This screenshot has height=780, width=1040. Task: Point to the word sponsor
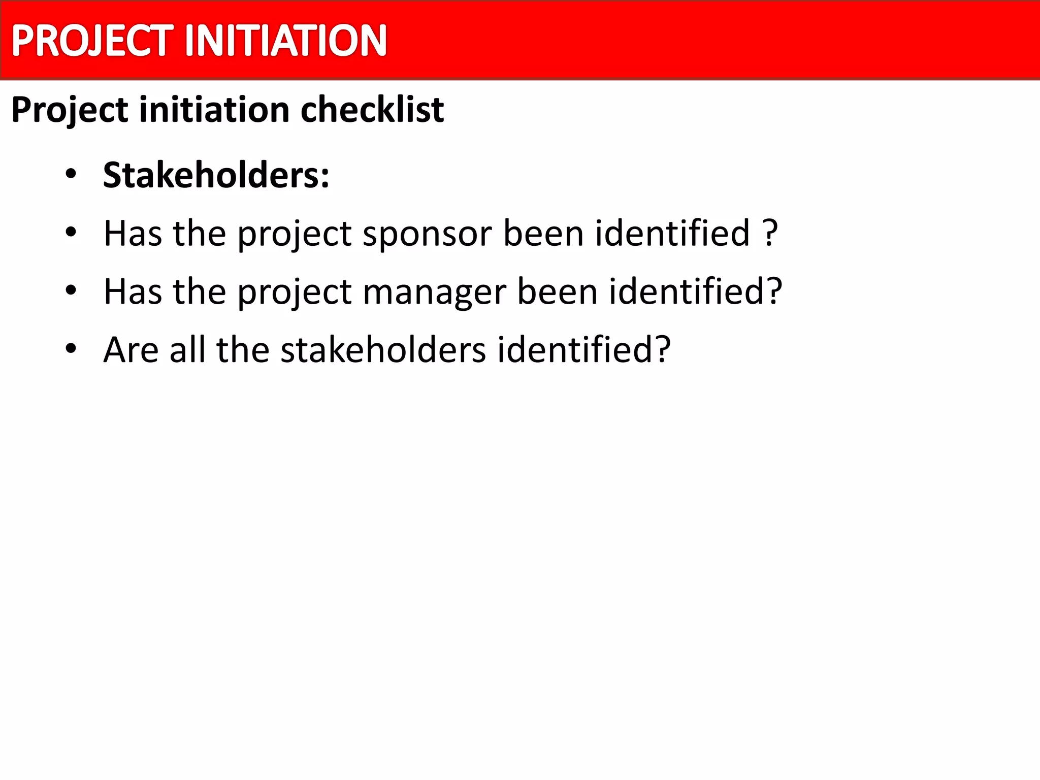427,234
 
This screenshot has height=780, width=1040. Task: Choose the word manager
434,292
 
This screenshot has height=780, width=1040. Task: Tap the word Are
131,350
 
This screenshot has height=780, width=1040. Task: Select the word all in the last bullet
187,350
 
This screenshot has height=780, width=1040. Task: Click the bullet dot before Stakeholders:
71,175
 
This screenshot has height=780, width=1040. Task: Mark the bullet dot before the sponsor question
71,233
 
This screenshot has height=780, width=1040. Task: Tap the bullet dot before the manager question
71,291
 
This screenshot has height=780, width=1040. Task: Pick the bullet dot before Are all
71,349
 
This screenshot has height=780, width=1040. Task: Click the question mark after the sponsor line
770,234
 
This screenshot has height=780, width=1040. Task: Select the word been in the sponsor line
543,234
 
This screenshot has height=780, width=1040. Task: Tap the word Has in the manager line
133,291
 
